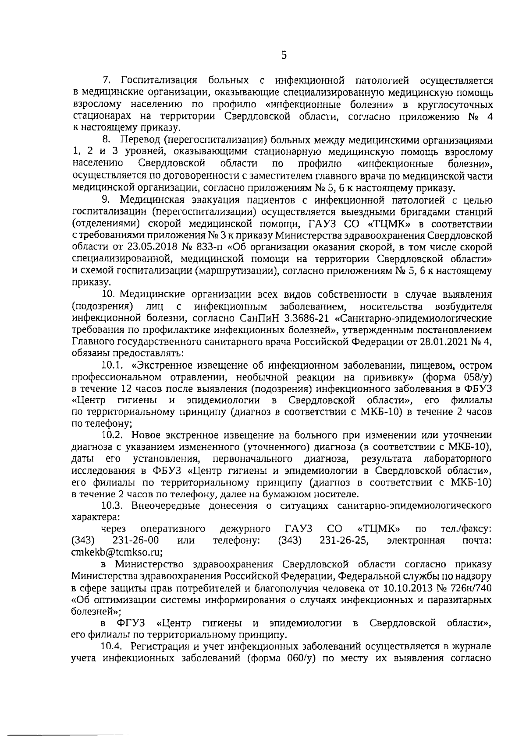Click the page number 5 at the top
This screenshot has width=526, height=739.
point(284,55)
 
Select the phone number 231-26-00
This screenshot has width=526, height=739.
point(136,541)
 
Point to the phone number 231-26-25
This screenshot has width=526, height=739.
point(344,541)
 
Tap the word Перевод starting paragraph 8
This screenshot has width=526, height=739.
point(141,141)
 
